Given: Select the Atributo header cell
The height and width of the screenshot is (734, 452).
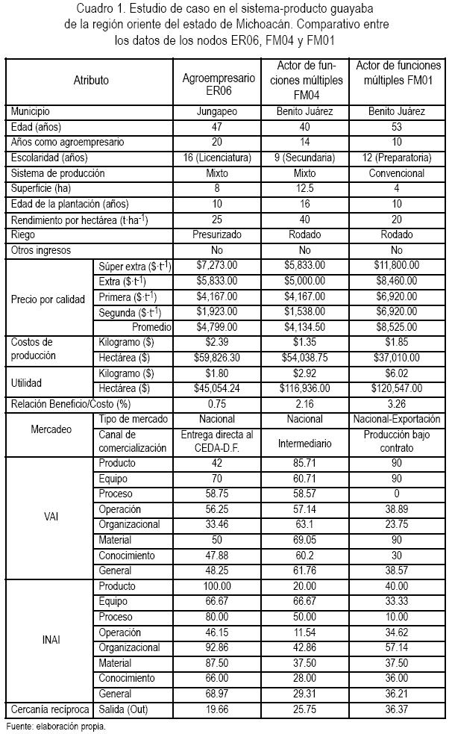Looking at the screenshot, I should (90, 80).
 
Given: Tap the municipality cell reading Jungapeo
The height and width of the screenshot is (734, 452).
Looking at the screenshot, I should (219, 111).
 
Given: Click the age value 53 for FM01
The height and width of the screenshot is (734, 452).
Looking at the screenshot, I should (396, 126).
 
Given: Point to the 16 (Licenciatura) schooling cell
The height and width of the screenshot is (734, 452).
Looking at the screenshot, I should (219, 158).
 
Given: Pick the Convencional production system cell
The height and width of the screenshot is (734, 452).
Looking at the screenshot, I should (396, 173).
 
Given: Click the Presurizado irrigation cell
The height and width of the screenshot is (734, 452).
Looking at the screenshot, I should (219, 235).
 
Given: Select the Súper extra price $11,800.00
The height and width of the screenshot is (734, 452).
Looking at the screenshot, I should (396, 265).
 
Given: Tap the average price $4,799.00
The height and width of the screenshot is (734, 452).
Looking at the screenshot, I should (219, 326).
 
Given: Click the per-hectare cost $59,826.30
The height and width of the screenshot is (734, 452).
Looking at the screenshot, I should (219, 358).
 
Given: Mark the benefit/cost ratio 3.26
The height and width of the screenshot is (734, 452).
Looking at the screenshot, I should (396, 404).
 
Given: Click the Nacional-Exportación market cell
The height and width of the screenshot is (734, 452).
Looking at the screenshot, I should (396, 420).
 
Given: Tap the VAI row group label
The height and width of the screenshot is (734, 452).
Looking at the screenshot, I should (51, 515).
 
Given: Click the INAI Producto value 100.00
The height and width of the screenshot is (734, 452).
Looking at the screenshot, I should (219, 586).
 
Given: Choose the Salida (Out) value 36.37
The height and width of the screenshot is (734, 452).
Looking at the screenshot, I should (396, 709).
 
